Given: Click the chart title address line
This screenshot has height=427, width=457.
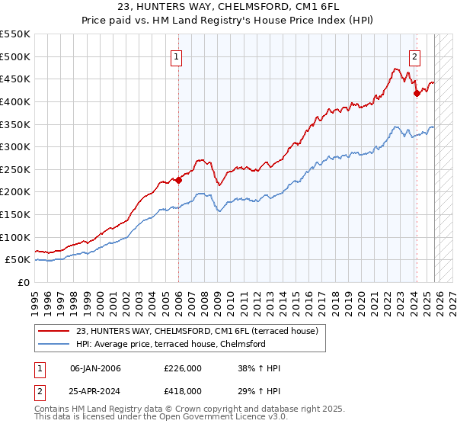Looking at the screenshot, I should click(228, 7).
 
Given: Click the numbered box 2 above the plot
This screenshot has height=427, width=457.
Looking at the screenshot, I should click(415, 56).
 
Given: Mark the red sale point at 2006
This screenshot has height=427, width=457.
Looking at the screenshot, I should click(178, 181).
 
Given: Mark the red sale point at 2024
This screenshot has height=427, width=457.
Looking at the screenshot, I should click(417, 94).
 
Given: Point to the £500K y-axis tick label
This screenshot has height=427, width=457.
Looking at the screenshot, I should click(15, 56).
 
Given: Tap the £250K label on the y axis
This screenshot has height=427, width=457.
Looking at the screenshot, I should click(15, 169).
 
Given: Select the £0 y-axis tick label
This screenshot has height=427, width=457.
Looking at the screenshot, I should click(23, 282).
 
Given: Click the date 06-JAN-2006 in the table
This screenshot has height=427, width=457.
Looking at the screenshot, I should click(95, 369).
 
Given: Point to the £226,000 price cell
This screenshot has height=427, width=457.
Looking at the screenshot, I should click(183, 369).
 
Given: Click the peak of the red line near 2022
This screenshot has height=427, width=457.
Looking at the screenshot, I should click(397, 69).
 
